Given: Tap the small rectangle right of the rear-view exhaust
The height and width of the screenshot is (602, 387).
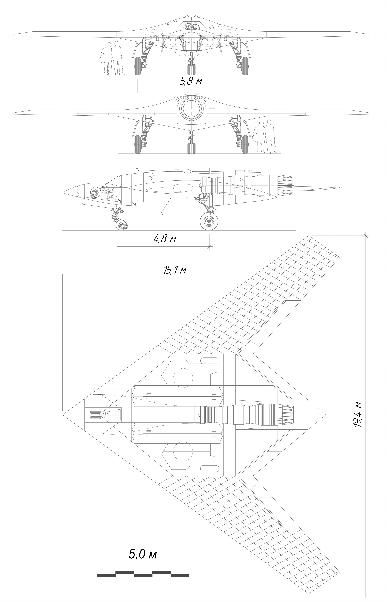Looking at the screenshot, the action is [x=212, y=110].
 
